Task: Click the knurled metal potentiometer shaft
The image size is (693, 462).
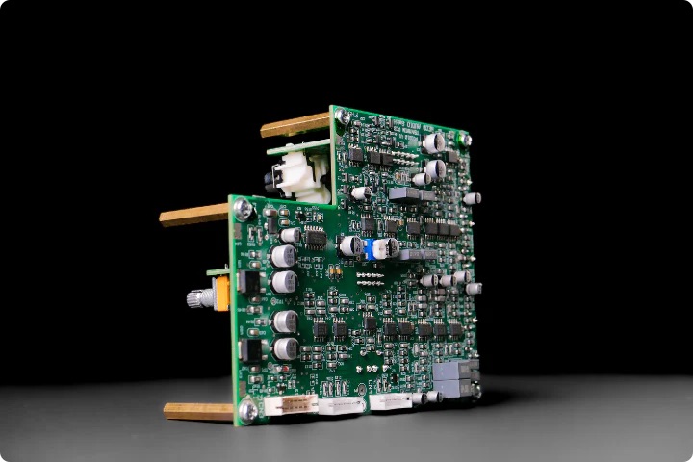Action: point(200,298)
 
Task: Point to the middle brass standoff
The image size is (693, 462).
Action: point(193,215)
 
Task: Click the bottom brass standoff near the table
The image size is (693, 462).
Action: point(198,411)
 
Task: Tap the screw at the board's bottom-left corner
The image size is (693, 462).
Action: point(247,410)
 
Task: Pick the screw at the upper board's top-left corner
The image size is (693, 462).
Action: point(342,117)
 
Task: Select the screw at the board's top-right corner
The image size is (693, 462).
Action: point(465,139)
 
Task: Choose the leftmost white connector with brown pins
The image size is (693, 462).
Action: point(291,404)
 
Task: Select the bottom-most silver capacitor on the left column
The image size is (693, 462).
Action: point(286,347)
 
